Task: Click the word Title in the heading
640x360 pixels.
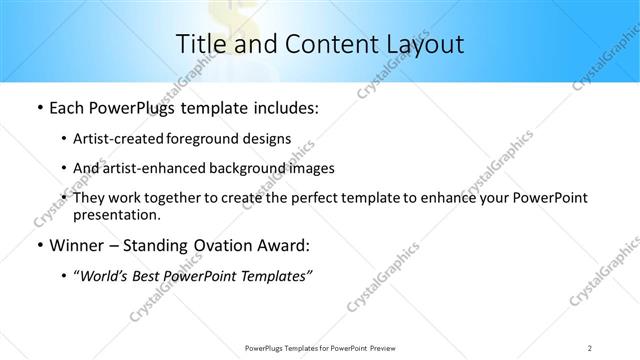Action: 201,44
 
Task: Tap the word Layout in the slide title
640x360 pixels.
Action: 422,44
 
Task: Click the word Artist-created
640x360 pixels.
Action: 112,139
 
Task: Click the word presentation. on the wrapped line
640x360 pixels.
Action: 117,214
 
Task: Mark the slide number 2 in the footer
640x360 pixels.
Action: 590,347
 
